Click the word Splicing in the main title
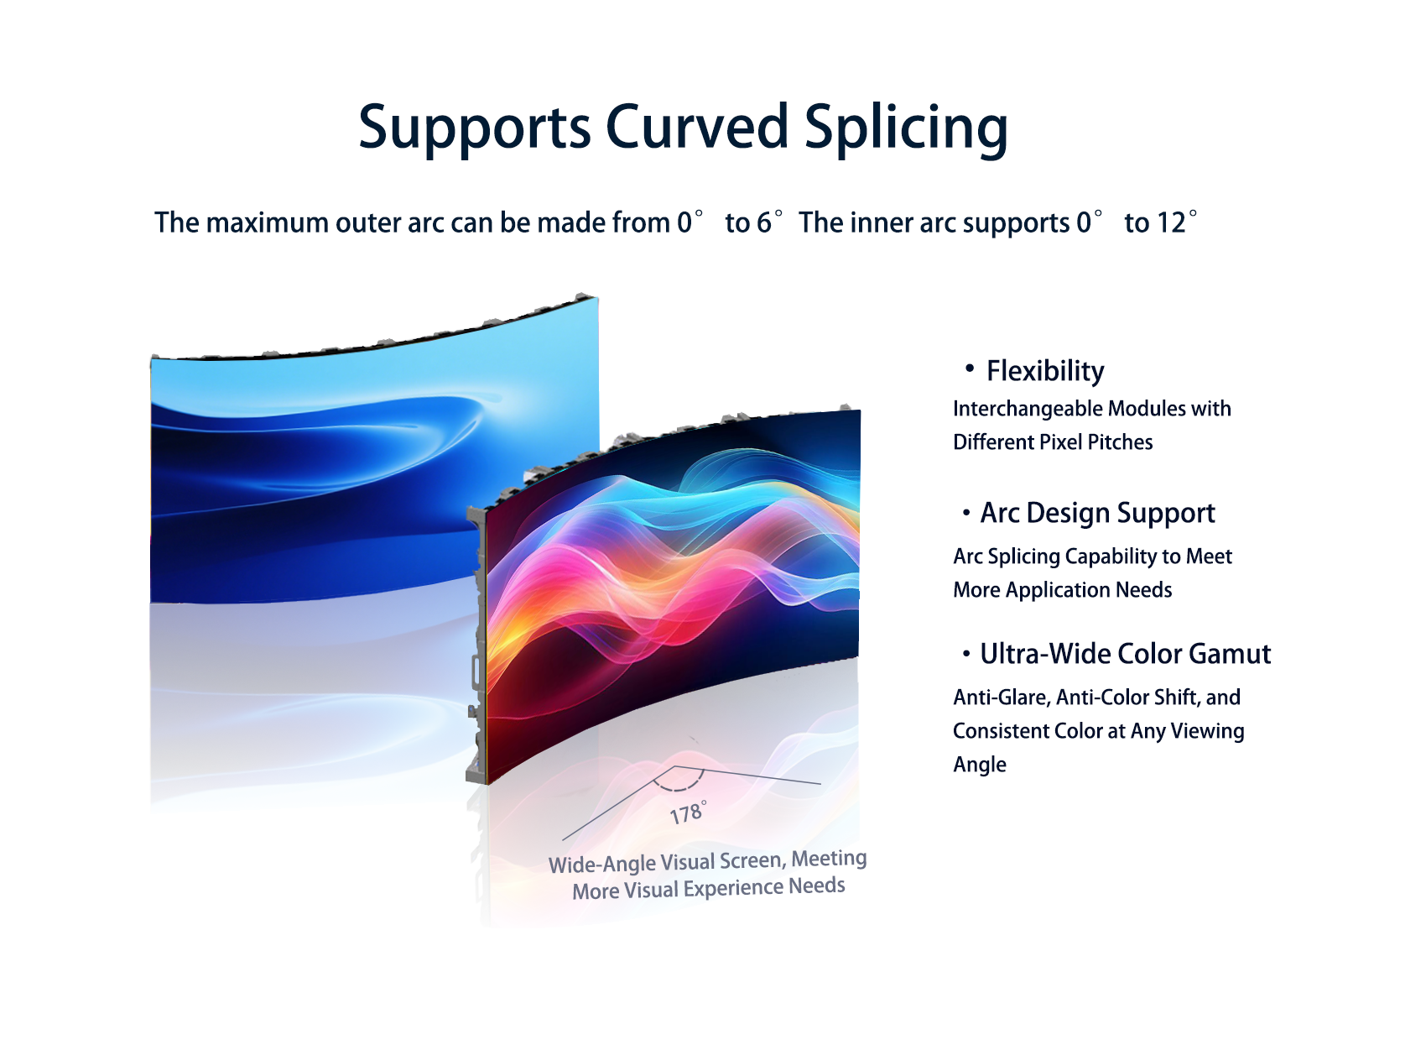tap(907, 128)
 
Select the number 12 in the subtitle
tap(1171, 223)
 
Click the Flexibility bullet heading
tap(1045, 372)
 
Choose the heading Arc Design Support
tap(1097, 514)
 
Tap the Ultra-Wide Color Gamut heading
tap(1126, 655)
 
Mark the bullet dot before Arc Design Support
tap(966, 512)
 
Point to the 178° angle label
tap(689, 812)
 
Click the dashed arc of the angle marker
tap(679, 788)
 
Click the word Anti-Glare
tap(1002, 698)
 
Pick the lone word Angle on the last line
tap(980, 765)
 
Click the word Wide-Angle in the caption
tap(601, 864)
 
